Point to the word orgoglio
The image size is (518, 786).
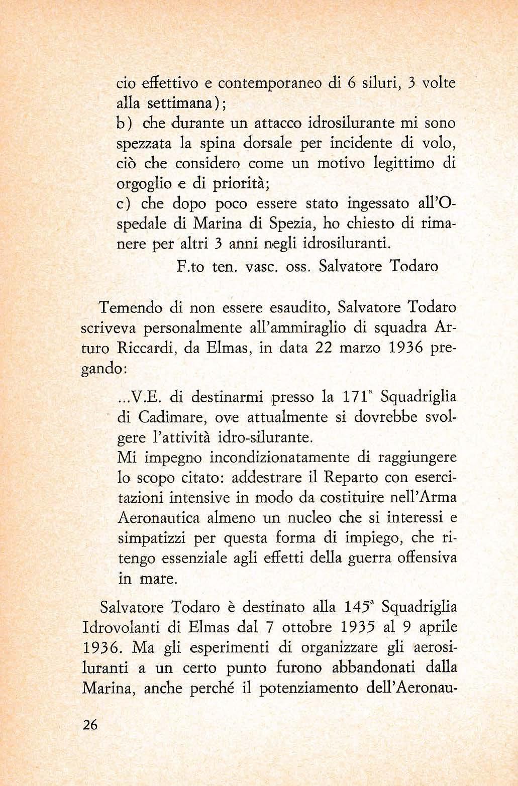coord(139,184)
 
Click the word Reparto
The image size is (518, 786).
coord(336,478)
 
